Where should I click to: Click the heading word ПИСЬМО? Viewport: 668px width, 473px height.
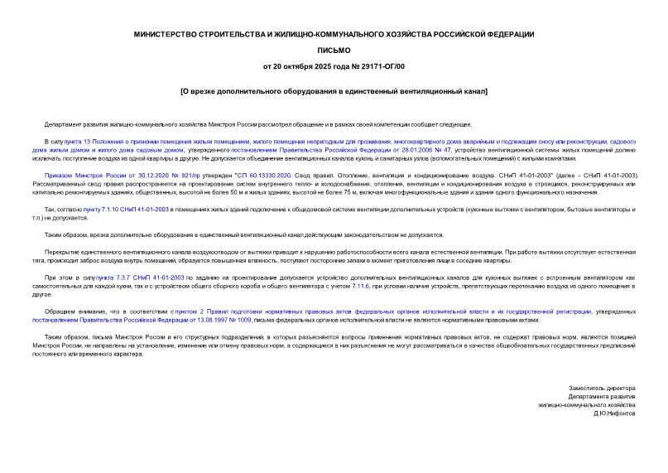(x=334, y=49)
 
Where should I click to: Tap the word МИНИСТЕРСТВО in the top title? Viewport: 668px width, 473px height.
(x=172, y=33)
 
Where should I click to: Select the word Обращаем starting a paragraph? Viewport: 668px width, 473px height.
(x=60, y=311)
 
